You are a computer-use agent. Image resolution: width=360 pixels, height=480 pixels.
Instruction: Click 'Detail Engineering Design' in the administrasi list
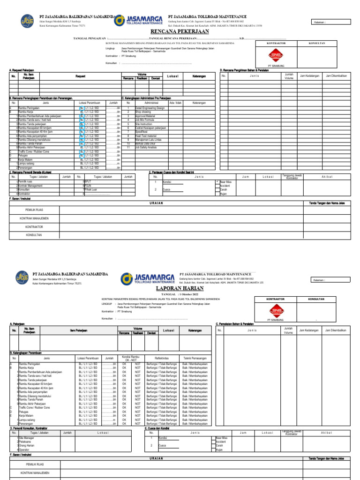150,108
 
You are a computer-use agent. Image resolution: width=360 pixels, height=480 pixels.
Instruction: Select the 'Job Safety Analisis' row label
146,147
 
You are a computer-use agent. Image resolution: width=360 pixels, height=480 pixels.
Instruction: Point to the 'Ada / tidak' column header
175,103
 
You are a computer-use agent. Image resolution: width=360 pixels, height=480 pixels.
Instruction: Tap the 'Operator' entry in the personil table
24,449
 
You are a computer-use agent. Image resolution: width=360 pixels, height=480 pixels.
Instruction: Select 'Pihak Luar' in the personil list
90,189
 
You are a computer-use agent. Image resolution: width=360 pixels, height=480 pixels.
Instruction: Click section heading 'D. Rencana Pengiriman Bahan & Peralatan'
245,70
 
